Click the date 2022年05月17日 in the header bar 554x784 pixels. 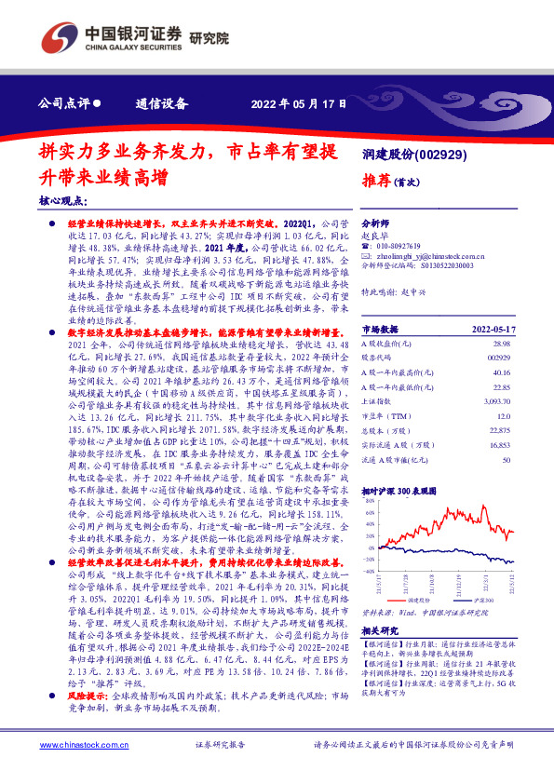tap(300, 103)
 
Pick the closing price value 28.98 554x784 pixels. tap(502, 345)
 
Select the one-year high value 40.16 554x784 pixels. tap(502, 372)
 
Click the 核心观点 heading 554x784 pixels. tap(62, 199)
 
